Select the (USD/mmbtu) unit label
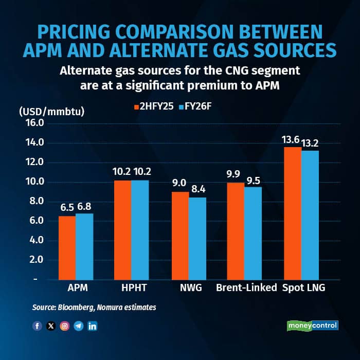(x=51, y=111)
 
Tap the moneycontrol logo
(x=312, y=326)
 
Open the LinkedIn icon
(x=92, y=326)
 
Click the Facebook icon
(x=37, y=326)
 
